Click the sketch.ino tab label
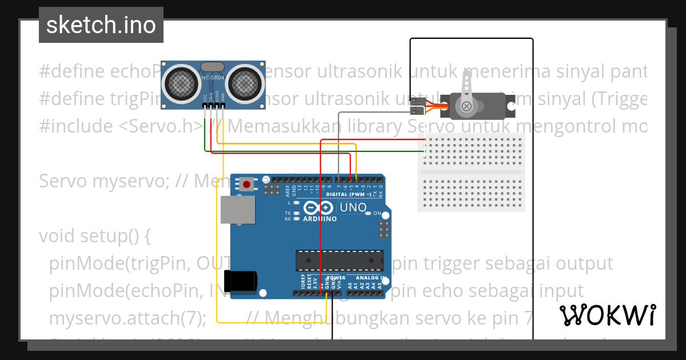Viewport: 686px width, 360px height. tap(101, 25)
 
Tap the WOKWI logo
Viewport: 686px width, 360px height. tap(607, 315)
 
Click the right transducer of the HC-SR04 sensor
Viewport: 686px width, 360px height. tap(246, 83)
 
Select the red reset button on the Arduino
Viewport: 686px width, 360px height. tap(247, 185)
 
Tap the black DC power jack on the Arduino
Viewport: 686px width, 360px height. tap(240, 280)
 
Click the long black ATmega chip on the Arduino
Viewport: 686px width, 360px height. tap(340, 260)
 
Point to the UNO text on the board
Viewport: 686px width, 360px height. tap(353, 207)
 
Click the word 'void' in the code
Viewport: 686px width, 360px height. tap(58, 235)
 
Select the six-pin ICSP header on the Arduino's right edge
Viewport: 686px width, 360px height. tap(384, 230)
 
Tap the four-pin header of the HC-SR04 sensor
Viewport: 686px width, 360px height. tap(213, 105)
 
